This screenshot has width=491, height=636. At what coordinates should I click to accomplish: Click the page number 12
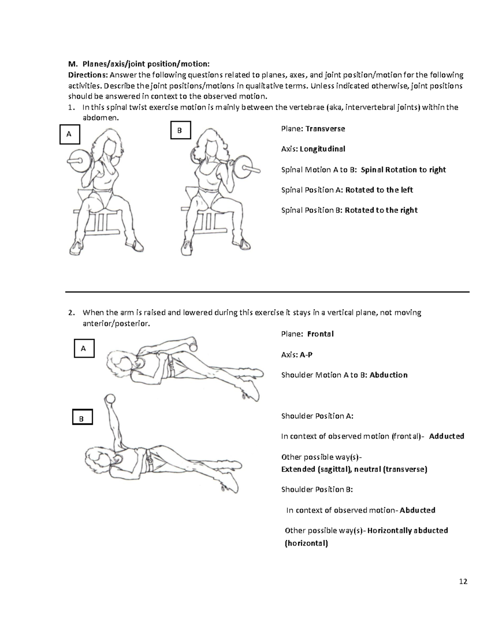point(463,582)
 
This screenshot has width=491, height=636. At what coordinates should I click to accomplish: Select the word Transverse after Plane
point(325,129)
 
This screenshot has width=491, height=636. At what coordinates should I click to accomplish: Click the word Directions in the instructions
point(87,75)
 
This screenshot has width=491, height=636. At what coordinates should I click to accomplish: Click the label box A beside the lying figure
point(84,349)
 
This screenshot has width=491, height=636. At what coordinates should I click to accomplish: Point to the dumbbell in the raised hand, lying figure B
point(109,399)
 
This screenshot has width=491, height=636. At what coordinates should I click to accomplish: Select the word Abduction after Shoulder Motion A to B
point(388,375)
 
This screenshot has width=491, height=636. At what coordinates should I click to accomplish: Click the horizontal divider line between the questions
point(267,292)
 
